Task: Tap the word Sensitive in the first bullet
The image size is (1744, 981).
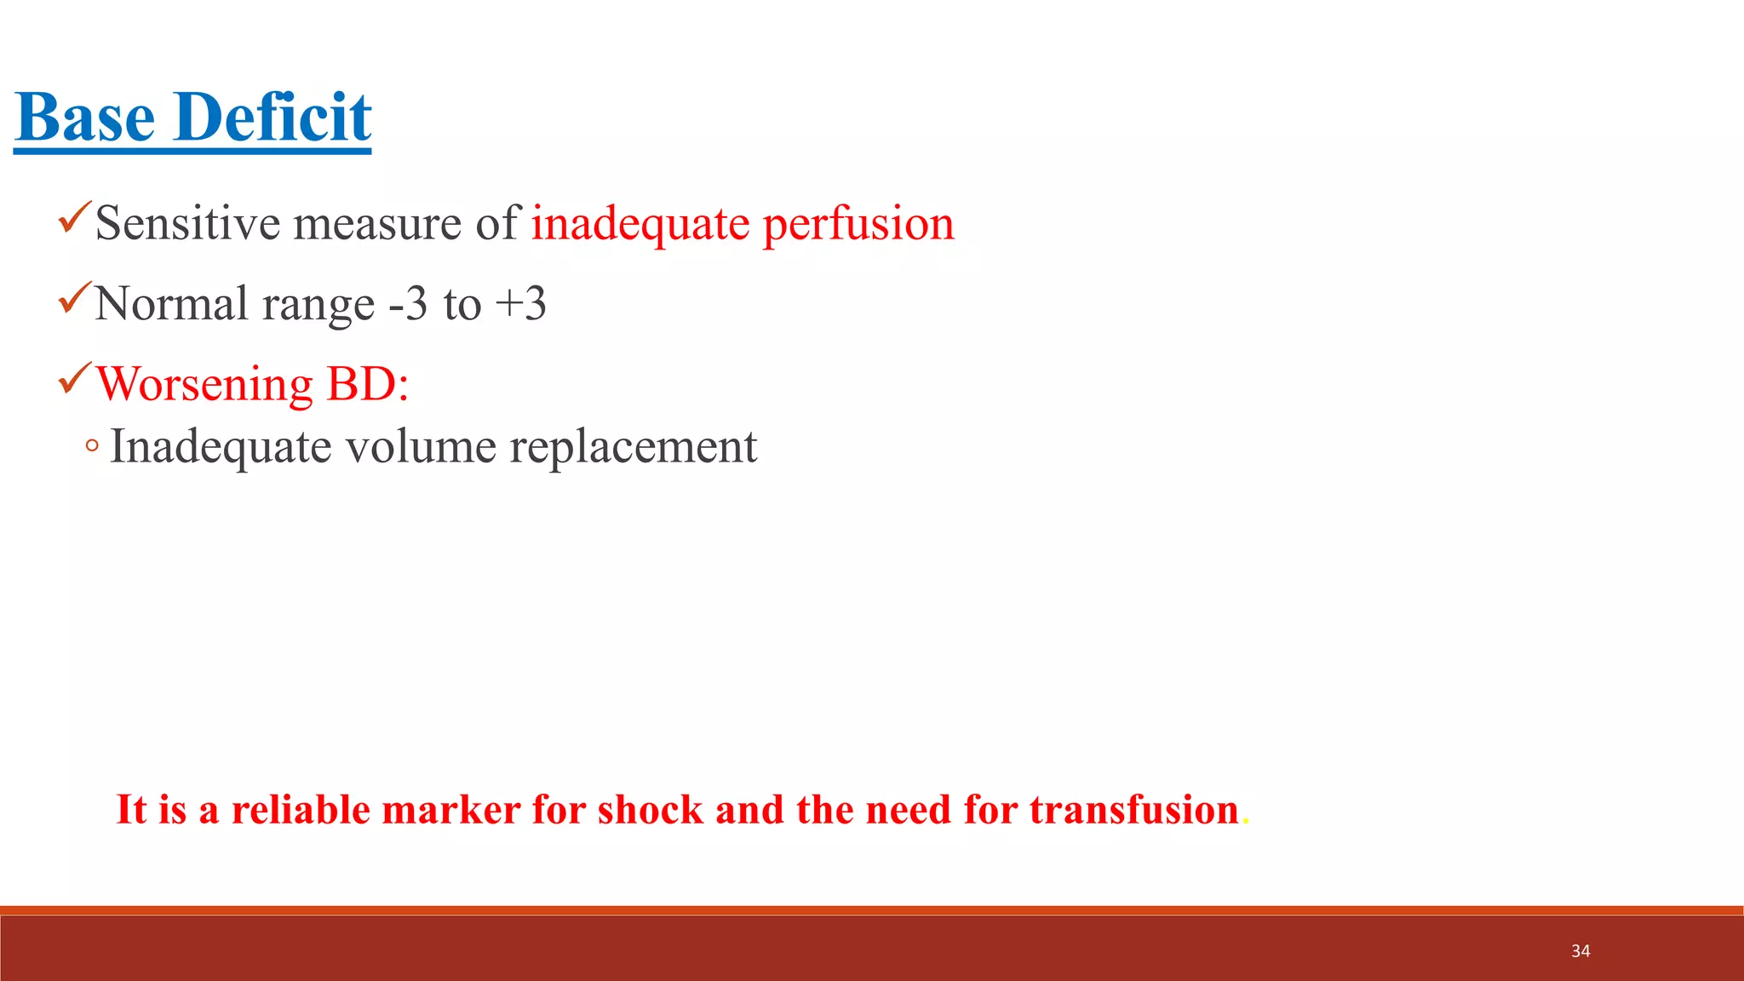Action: (187, 223)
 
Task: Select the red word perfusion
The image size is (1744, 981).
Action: (858, 225)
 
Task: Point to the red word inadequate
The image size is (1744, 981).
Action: (640, 225)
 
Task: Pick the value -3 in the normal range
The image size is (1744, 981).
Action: (408, 303)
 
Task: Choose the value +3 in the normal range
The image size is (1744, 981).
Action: (521, 303)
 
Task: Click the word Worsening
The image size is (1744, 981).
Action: (204, 384)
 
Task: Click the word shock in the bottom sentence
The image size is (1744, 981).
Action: (651, 810)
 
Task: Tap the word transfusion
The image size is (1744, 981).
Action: (1133, 810)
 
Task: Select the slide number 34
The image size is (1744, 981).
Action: (1580, 951)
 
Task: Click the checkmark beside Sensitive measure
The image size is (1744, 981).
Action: (74, 217)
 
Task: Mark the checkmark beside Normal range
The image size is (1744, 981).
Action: (74, 297)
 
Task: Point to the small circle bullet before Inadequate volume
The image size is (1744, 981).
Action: (92, 445)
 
